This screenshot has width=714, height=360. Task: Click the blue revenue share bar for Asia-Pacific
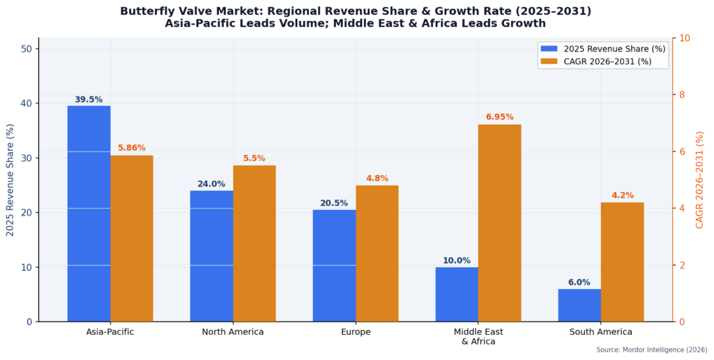[x=89, y=213]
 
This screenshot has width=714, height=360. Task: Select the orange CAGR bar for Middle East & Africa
[x=499, y=223]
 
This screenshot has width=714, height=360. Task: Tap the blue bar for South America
[x=579, y=305]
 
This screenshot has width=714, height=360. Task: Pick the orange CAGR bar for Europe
[x=377, y=253]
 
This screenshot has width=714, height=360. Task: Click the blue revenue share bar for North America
[x=211, y=255]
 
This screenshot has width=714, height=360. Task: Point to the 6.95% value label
[x=499, y=117]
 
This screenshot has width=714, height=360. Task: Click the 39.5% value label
[x=89, y=100]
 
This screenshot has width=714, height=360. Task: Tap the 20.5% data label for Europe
[x=334, y=203]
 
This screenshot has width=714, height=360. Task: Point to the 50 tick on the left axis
[x=27, y=49]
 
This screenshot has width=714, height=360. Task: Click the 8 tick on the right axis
[x=682, y=95]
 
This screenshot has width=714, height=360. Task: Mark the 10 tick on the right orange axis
[x=684, y=38]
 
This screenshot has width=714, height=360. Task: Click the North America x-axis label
[x=233, y=332]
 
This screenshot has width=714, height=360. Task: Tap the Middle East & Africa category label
[x=478, y=336]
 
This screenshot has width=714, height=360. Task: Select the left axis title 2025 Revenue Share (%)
[x=10, y=180]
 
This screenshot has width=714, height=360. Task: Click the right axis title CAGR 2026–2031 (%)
[x=699, y=180]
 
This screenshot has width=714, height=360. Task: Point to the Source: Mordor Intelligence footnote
[x=651, y=350]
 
